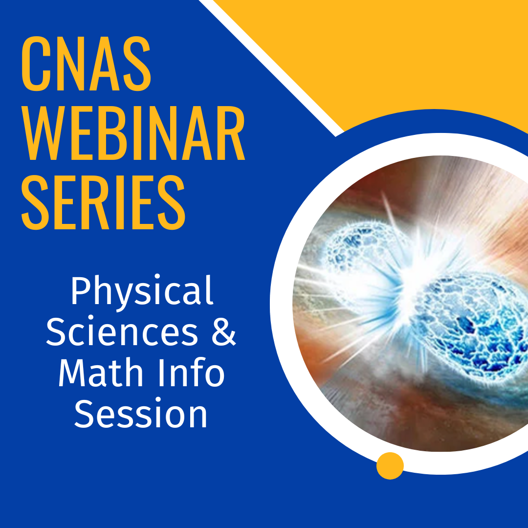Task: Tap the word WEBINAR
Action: pos(133,133)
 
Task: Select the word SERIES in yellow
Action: pos(103,202)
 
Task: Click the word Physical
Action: pos(142,290)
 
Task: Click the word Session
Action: pos(140,414)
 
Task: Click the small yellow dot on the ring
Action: pos(390,466)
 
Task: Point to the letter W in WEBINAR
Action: pos(42,133)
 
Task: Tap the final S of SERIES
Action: pos(172,202)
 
